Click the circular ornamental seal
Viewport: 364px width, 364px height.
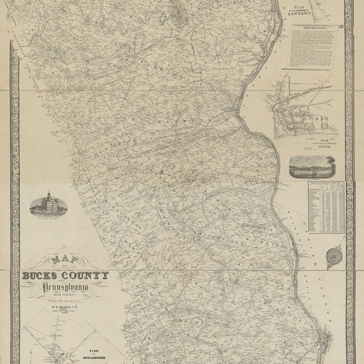coord(334,256)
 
